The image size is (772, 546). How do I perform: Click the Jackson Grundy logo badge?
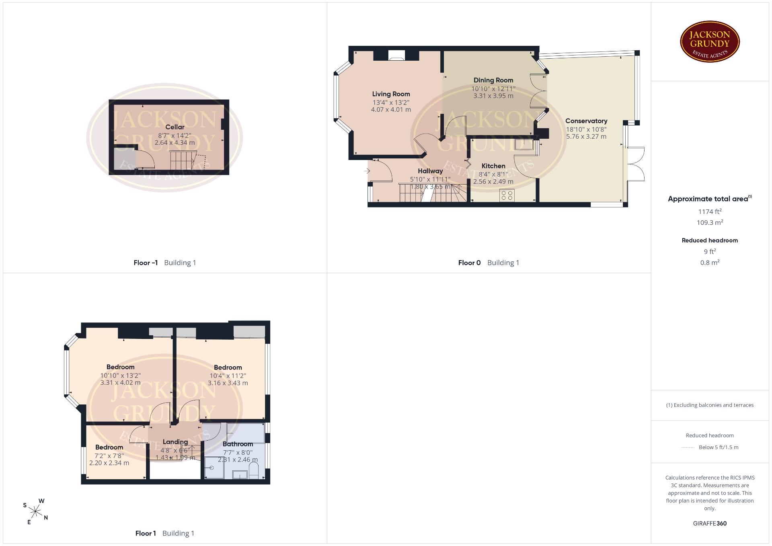click(710, 42)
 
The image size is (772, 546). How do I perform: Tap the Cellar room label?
click(175, 127)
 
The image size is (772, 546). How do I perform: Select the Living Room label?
click(391, 94)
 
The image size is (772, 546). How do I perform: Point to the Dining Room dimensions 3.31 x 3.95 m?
click(493, 96)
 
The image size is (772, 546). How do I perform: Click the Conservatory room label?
click(586, 121)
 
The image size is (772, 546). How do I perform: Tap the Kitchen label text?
click(493, 166)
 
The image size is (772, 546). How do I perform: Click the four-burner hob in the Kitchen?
click(507, 195)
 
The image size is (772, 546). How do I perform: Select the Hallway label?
click(430, 171)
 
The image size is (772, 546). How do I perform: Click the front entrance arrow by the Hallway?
click(367, 171)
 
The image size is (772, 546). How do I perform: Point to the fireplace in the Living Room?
click(396, 55)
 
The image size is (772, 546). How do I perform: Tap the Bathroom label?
click(238, 444)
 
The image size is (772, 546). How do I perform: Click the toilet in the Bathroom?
click(254, 471)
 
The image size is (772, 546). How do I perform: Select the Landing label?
click(175, 442)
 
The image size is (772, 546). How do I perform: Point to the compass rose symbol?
click(36, 512)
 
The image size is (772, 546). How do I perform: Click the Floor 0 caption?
click(469, 263)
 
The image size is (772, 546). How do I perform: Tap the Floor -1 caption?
click(146, 263)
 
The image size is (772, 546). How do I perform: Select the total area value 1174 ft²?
click(710, 211)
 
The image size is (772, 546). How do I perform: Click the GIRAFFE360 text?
click(710, 523)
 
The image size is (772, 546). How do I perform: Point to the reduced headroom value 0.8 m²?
click(710, 263)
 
